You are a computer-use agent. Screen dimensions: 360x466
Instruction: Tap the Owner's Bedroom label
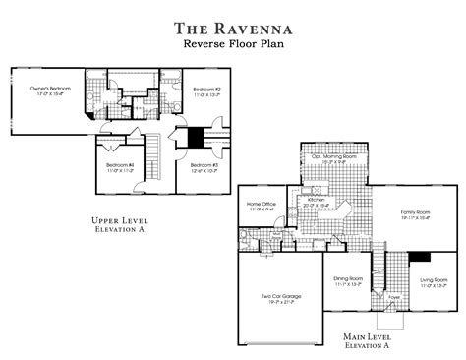(46, 89)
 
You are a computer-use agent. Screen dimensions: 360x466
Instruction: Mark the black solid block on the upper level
(195, 137)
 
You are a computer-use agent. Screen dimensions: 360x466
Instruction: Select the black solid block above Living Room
(421, 258)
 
